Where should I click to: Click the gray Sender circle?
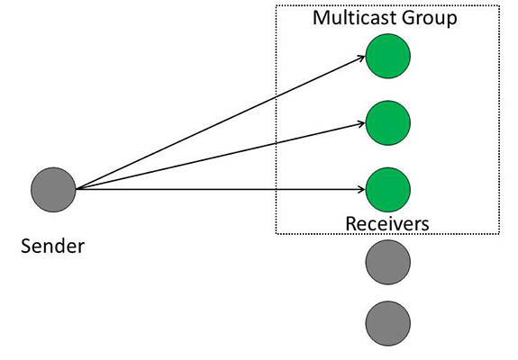pos(53,188)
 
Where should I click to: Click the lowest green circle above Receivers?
pos(387,188)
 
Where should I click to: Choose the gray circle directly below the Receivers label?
pos(387,262)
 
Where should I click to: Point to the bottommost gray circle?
pos(387,322)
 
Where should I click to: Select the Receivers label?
pos(387,222)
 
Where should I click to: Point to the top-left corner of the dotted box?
pos(277,7)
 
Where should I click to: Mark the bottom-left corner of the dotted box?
pos(277,235)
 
